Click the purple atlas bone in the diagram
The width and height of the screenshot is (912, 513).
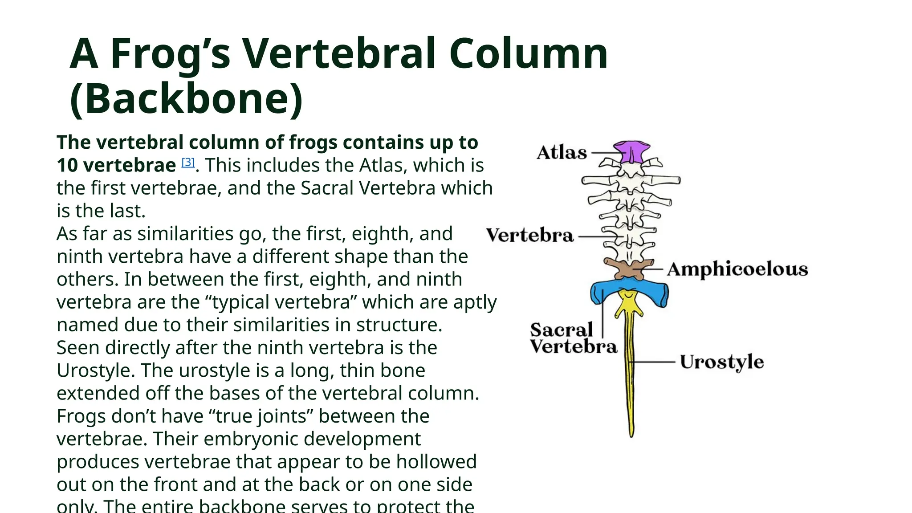click(631, 151)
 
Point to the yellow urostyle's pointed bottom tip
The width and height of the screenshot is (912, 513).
click(631, 434)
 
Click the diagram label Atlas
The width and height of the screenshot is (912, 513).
click(562, 153)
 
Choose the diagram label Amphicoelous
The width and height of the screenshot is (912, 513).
click(737, 269)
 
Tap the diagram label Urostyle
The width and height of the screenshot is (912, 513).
click(721, 362)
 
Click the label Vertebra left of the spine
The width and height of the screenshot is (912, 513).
click(529, 236)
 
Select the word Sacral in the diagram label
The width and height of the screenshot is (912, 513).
click(561, 330)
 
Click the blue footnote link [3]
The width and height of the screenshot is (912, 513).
click(188, 163)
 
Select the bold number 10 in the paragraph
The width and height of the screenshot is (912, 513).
click(67, 166)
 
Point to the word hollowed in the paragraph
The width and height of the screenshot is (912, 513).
click(436, 462)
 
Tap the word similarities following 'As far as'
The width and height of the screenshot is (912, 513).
click(185, 234)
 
